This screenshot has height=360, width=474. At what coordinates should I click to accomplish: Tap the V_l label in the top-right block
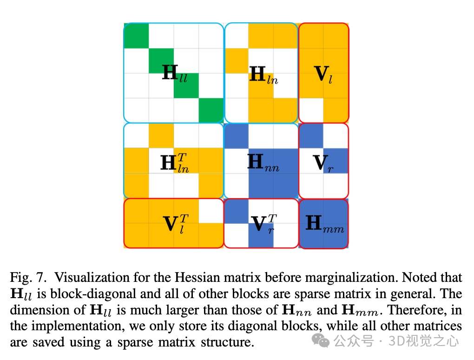[323, 74]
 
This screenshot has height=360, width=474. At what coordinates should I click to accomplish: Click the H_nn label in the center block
[263, 163]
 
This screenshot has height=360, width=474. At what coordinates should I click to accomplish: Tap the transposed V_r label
[263, 223]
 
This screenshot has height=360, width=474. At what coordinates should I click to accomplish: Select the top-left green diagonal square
[136, 36]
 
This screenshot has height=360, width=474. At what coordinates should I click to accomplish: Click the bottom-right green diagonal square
[211, 110]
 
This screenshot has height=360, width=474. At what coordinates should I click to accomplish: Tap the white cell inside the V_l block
[311, 110]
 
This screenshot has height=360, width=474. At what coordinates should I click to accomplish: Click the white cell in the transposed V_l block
[211, 211]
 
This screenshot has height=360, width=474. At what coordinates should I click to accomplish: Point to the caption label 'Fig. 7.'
[28, 278]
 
